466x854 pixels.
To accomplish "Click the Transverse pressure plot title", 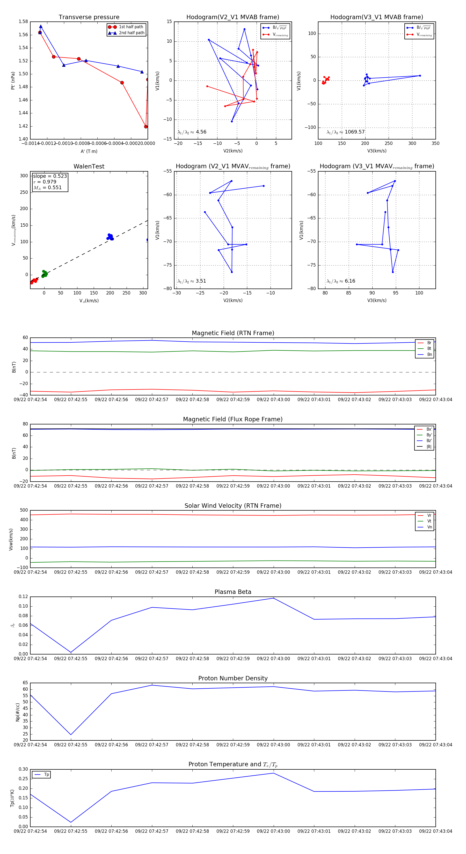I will click(89, 17).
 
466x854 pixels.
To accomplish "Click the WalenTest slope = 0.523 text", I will click(50, 176).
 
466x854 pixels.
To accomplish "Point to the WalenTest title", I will click(89, 166).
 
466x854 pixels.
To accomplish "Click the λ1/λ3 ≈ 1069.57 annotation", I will click(346, 132).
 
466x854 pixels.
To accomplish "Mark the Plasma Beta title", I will click(233, 592).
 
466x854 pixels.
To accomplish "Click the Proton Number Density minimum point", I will click(71, 735).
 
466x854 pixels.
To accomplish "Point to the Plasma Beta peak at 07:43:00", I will click(274, 598).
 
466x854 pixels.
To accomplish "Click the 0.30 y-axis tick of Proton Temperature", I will click(23, 769).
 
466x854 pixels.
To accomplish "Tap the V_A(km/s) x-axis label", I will click(89, 301).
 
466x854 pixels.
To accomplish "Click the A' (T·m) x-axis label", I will click(89, 151).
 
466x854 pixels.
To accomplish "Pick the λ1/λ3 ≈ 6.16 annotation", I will click(341, 281).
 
